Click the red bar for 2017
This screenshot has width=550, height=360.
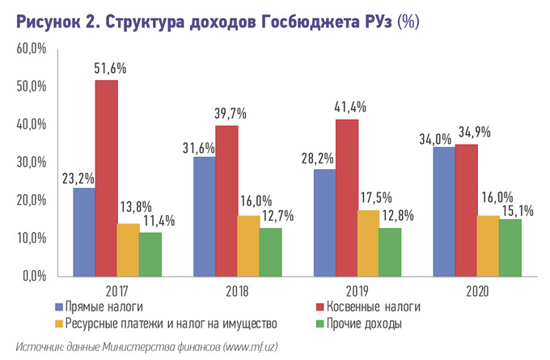click(x=106, y=178)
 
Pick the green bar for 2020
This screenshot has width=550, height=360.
click(x=510, y=247)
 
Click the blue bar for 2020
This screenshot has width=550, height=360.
click(x=443, y=211)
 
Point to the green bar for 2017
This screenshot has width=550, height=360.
click(x=150, y=254)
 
